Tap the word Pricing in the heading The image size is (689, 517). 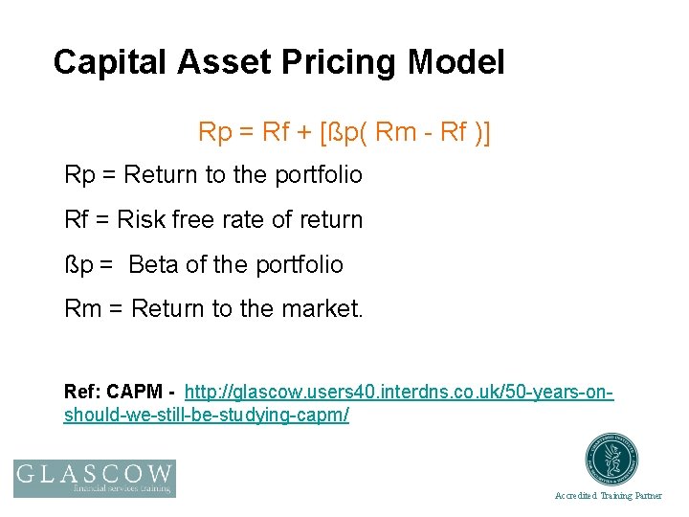(x=339, y=63)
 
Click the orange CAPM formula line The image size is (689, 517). (x=344, y=131)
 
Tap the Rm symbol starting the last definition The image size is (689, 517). (x=81, y=309)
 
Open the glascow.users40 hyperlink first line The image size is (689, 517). (x=398, y=393)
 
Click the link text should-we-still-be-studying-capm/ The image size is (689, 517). (x=206, y=415)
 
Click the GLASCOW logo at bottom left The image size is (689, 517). (x=95, y=478)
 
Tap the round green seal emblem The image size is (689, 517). (x=611, y=461)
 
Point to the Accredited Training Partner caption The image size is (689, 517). (x=608, y=496)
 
